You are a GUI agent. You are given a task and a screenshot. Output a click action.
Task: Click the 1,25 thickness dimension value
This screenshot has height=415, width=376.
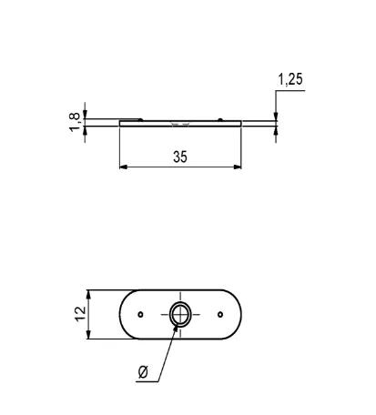[290, 80]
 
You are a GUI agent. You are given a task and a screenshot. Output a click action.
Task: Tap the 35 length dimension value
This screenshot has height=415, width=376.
[179, 157]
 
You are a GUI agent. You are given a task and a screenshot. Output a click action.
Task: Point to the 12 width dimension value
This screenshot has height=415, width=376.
[79, 314]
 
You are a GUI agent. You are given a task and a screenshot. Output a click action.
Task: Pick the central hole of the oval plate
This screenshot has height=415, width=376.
[180, 314]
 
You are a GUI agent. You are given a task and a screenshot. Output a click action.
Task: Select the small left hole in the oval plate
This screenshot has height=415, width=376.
[140, 314]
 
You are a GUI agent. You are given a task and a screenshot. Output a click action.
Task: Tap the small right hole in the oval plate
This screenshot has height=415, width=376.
[220, 314]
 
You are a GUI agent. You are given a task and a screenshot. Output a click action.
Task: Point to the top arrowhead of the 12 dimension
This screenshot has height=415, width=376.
[89, 295]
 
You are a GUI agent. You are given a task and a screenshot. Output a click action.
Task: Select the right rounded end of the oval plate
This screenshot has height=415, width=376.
[240, 314]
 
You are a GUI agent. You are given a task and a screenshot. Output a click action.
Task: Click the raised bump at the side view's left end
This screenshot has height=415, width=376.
[131, 118]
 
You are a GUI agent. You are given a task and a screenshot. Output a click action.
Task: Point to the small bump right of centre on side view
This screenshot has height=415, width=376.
[221, 118]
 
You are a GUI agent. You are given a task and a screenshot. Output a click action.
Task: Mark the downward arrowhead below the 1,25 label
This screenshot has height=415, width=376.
[276, 115]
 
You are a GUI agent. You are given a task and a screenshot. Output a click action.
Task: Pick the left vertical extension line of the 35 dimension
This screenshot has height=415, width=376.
[120, 146]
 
